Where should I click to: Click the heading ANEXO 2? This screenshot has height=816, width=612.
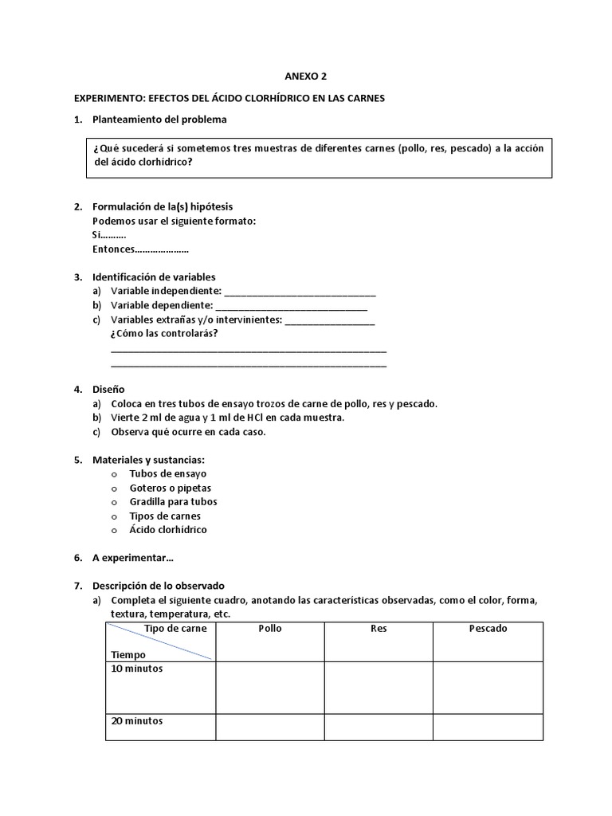306,77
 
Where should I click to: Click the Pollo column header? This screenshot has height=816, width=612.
270,629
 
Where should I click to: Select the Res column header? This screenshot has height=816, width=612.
379,629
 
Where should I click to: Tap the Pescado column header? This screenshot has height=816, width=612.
488,629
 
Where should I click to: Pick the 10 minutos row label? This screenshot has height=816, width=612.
137,669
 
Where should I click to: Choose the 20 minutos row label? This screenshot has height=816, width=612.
137,721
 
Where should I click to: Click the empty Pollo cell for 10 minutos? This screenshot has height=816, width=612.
270,686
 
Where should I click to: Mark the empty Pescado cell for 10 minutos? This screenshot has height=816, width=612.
488,686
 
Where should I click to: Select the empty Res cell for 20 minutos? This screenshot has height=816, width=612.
379,727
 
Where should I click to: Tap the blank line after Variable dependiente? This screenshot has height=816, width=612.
292,306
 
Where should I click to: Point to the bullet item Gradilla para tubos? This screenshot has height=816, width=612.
173,502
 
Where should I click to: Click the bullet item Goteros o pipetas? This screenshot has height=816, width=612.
171,488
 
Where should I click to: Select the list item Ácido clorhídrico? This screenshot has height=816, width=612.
168,530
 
